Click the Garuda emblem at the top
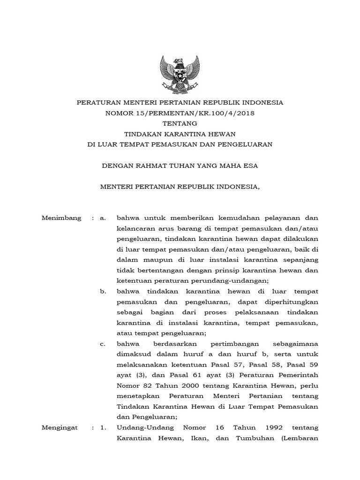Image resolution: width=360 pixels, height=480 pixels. pos(180,74)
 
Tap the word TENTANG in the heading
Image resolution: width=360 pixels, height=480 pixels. pos(180,123)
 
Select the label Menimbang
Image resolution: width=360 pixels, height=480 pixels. pos(61,218)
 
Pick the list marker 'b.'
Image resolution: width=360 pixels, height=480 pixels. pos(104,292)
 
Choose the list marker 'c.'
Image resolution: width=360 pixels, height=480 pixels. pos(103,344)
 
